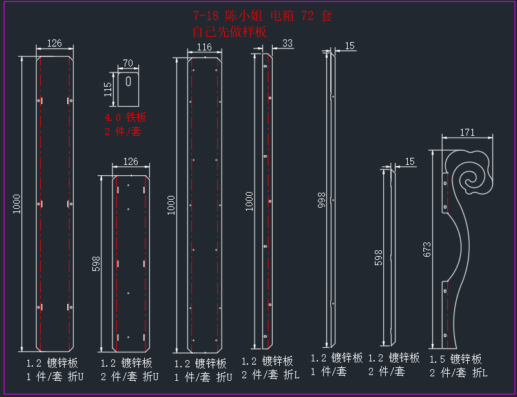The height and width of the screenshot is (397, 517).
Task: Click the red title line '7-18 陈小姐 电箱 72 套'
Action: [262, 16]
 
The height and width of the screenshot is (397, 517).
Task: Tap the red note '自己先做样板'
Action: [229, 32]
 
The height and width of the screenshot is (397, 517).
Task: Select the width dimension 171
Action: [467, 133]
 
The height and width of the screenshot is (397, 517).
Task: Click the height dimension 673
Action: [427, 250]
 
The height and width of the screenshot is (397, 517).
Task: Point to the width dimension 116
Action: [204, 47]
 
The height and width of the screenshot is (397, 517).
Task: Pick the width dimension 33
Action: [288, 43]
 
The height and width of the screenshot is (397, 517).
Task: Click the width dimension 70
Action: [128, 63]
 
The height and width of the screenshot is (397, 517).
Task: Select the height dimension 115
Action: [108, 89]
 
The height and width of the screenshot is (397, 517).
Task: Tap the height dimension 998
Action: [321, 200]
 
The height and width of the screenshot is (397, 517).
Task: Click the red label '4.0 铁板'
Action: [125, 117]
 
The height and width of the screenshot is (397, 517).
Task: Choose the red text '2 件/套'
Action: [123, 132]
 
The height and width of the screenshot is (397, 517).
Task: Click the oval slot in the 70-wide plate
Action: [128, 81]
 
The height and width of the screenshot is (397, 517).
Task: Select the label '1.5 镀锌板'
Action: [456, 359]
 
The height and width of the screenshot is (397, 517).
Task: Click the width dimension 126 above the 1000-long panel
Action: [54, 43]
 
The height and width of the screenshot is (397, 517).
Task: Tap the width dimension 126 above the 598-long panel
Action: [131, 162]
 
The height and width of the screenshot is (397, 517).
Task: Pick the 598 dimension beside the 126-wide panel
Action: [96, 264]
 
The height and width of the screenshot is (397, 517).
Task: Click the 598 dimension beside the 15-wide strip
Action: [378, 257]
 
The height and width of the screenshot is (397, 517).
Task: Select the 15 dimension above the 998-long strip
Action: [350, 46]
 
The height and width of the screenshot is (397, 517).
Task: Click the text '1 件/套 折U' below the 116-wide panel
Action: [203, 377]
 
